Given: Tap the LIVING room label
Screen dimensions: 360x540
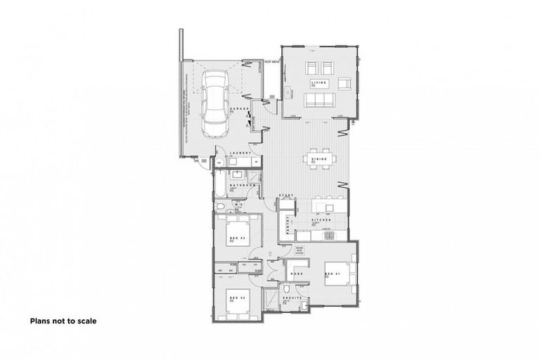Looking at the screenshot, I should (320, 84).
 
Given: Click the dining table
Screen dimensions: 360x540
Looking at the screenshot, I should (319, 160).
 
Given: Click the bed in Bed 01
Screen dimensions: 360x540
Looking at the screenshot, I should (344, 271).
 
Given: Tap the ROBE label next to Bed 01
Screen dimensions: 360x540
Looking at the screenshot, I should (295, 271).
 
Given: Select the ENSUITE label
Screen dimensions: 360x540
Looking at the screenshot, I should (295, 297).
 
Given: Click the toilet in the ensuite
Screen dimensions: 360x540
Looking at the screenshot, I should (288, 290).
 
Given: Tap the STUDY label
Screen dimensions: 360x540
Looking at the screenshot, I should (286, 195).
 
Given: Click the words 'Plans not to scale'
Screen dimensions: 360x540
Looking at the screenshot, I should (63, 321).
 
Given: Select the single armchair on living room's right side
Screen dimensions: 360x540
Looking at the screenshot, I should (344, 84).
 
